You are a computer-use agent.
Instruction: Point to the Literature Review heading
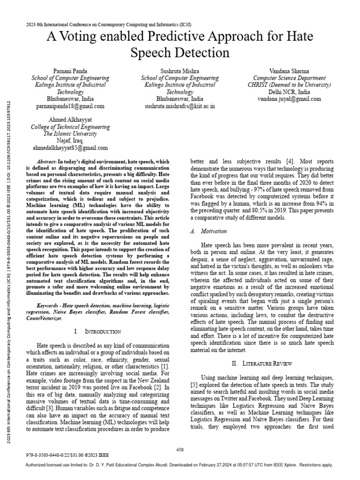262,363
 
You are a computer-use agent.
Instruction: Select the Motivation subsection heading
213,231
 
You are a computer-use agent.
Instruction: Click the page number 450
180,450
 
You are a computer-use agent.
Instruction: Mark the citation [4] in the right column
290,161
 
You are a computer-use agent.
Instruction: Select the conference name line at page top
108,24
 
